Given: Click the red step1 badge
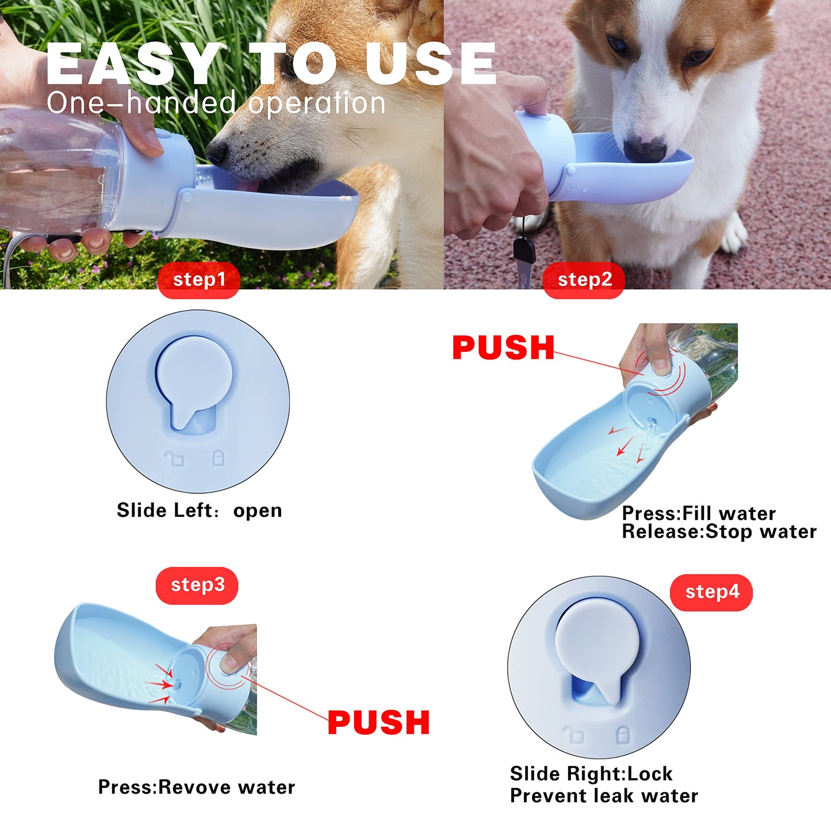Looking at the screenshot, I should (198, 280).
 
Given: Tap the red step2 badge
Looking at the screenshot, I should (584, 280).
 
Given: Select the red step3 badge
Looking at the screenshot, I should (197, 585).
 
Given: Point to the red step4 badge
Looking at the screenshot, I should (711, 592).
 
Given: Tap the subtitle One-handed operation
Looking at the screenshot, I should (216, 104).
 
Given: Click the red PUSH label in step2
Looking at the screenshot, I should (503, 348).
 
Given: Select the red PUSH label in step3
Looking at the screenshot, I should (378, 723).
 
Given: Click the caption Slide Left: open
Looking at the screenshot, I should (199, 511).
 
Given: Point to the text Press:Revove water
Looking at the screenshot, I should (196, 787).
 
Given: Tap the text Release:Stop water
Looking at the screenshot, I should (719, 532).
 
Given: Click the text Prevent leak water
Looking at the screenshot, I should (604, 796).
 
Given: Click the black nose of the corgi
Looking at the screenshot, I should (645, 150).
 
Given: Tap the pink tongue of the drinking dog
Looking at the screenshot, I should (248, 185).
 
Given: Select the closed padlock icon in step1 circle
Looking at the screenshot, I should (219, 458).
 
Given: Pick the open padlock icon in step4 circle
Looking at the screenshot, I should (573, 735).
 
